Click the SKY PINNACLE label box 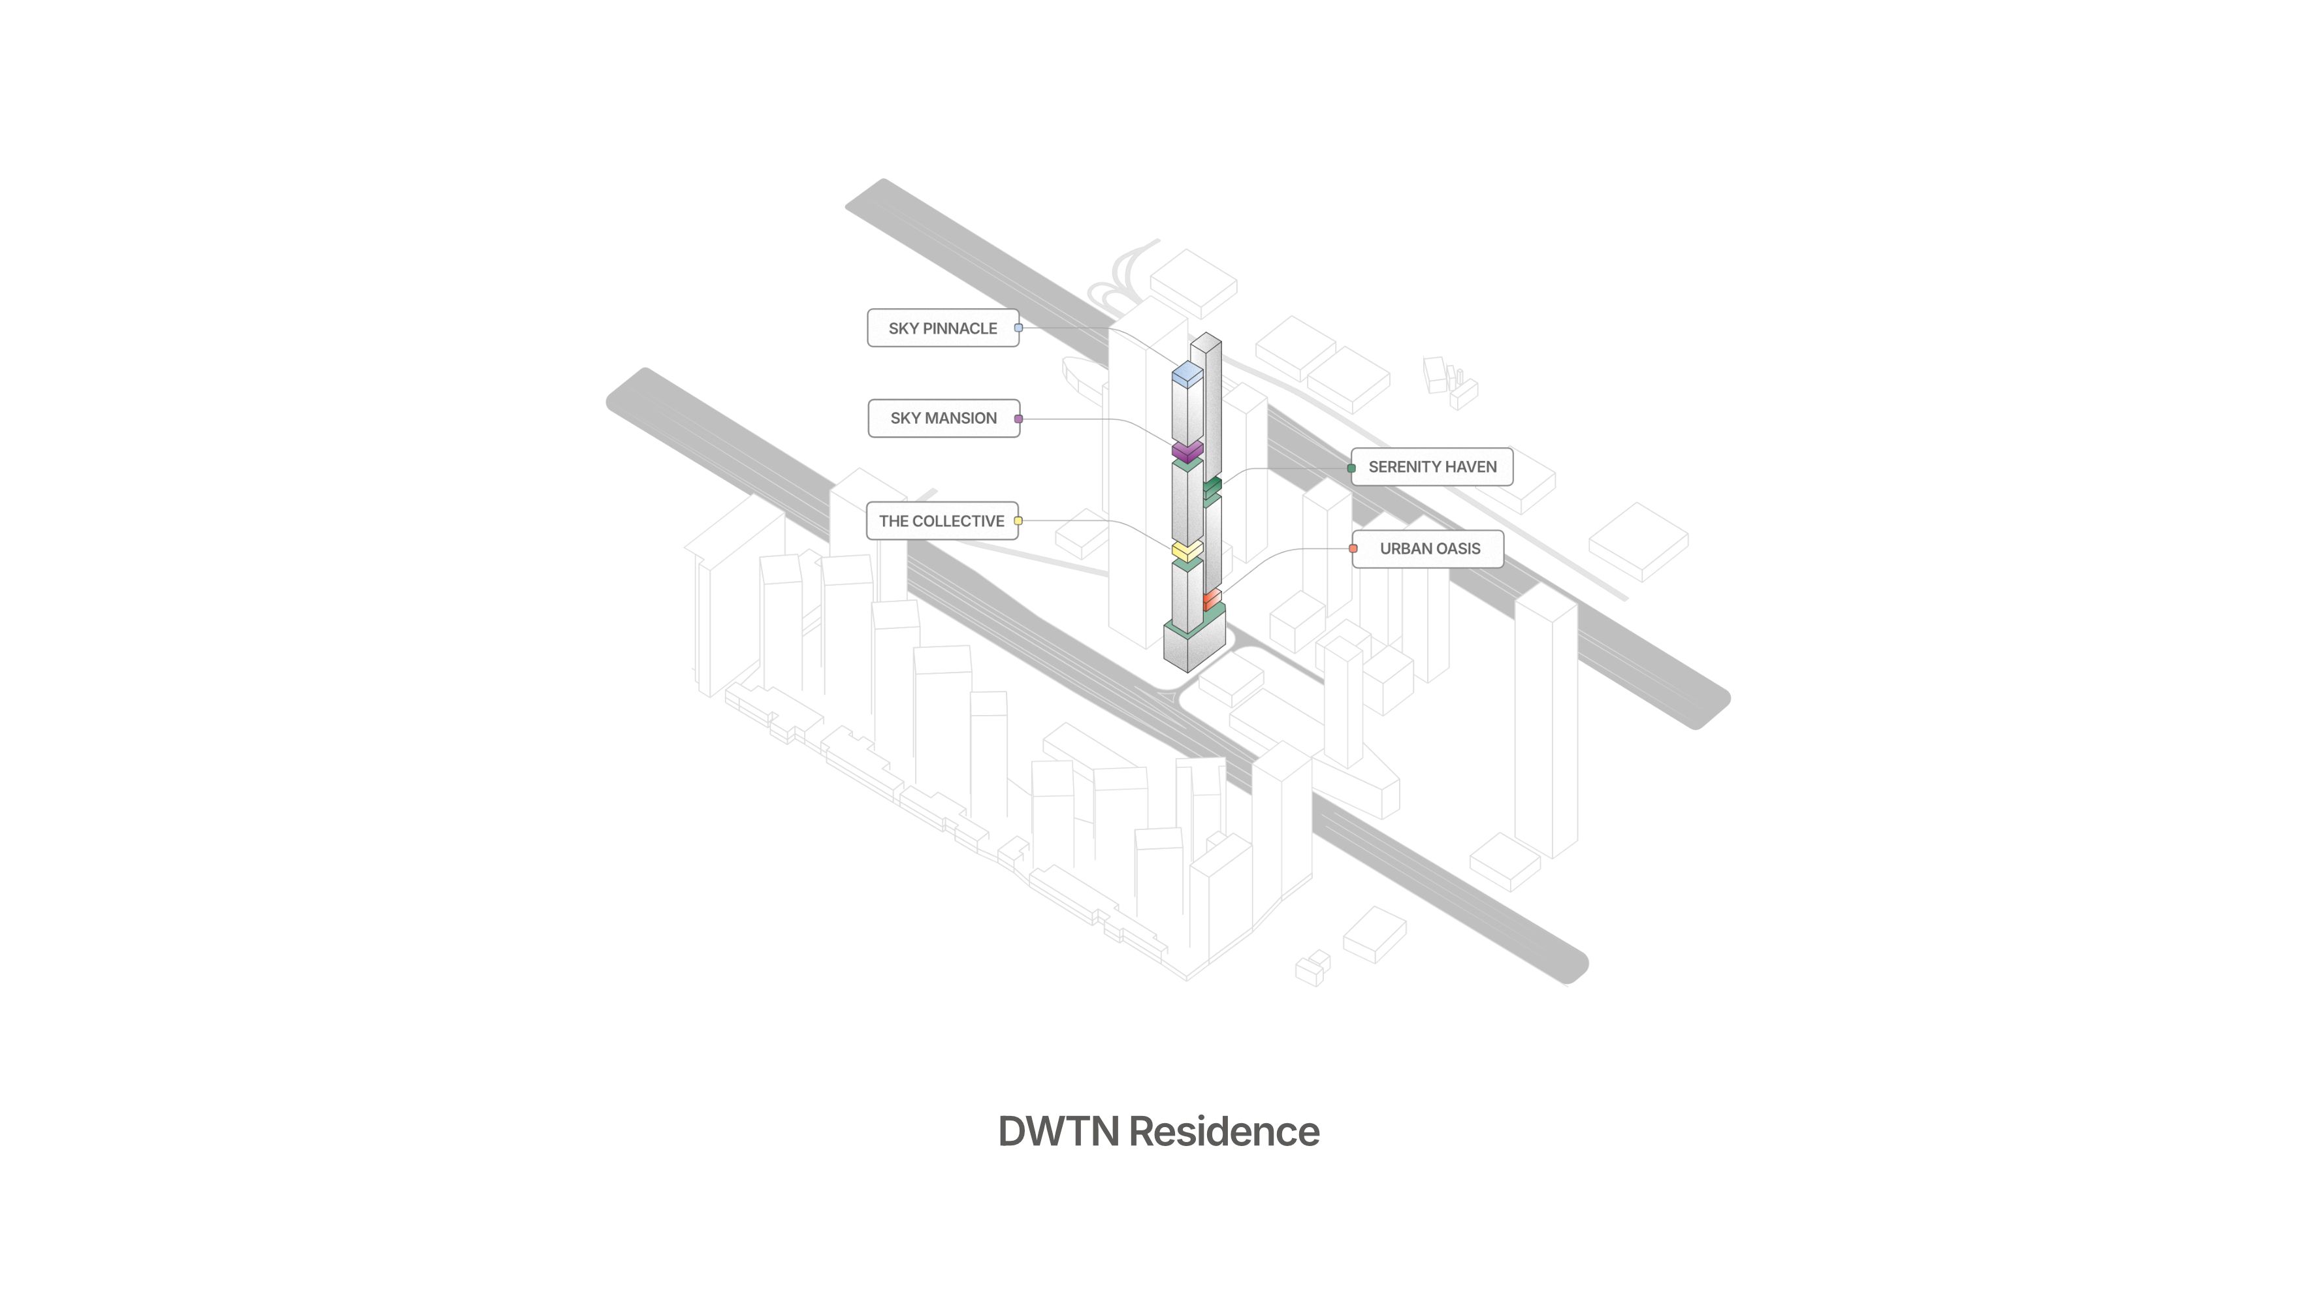942,328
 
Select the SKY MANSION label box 943,418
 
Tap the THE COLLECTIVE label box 941,520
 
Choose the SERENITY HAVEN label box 1432,466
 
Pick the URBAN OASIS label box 1429,549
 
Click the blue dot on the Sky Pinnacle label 1019,328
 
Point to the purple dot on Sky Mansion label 1019,419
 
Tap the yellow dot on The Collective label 1019,520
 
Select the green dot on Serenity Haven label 1351,468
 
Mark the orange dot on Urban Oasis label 1353,549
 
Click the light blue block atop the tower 1187,373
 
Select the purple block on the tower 1187,449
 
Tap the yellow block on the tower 1187,549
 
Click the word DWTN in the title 1058,1131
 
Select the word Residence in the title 1224,1131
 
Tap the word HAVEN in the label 1472,466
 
